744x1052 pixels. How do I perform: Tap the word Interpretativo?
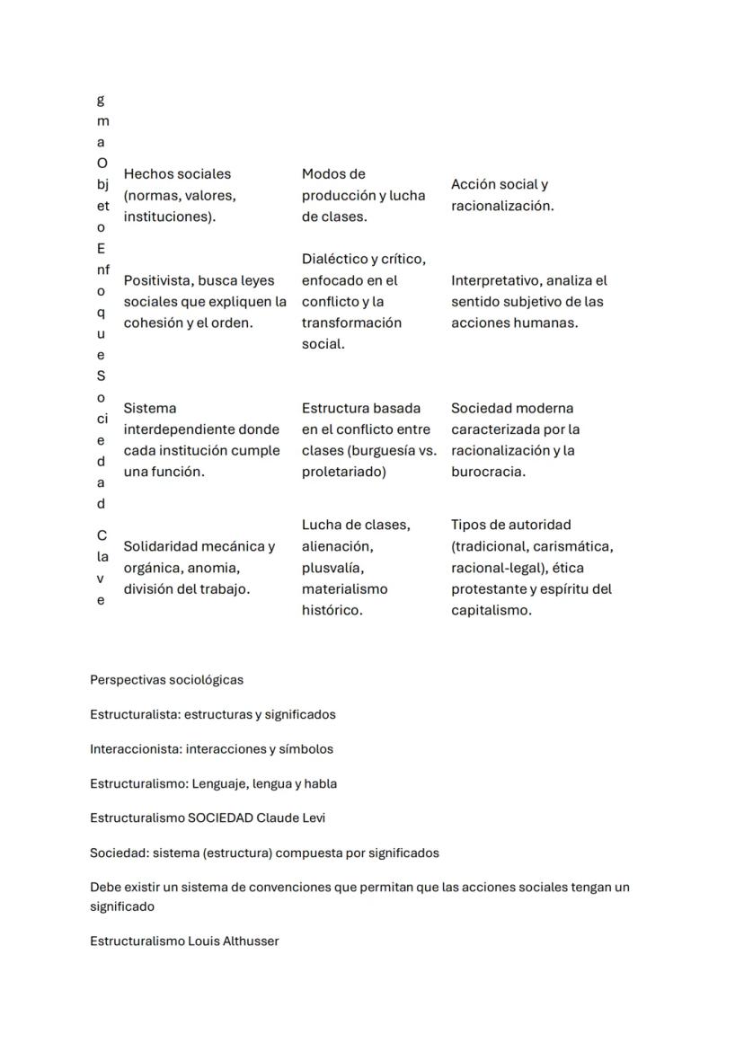pos(494,280)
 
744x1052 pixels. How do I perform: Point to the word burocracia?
pos(488,472)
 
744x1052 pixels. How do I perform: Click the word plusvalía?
pos(332,568)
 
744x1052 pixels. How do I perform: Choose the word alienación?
pos(337,546)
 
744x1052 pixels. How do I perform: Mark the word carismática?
pos(575,546)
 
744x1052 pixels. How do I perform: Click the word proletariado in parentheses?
pos(343,472)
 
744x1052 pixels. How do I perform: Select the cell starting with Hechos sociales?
pos(180,195)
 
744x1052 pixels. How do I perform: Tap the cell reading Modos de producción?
pos(363,195)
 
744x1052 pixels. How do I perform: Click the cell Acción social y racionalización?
pos(502,195)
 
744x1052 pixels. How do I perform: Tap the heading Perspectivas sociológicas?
pos(166,680)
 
